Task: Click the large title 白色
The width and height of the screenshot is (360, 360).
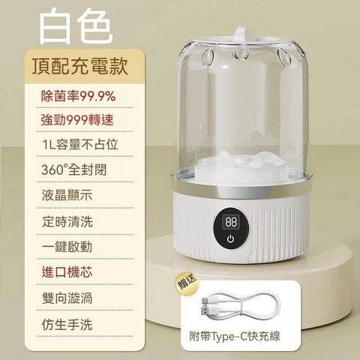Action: (75, 27)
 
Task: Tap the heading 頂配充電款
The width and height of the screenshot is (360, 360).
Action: (80, 66)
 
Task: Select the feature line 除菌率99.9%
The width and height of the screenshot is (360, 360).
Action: (78, 96)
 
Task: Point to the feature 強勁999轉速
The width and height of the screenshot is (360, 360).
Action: (77, 120)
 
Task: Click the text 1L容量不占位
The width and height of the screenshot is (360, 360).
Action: (79, 145)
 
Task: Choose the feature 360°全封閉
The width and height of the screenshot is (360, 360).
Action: (74, 169)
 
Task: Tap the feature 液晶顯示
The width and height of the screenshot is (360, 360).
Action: (67, 196)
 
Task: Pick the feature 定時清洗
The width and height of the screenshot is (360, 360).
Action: (67, 221)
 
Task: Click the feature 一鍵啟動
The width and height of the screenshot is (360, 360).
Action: (67, 247)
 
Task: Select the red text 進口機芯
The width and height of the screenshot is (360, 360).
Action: (67, 272)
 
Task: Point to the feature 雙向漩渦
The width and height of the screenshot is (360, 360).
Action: (67, 298)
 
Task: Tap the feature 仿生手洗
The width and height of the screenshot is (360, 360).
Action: (67, 324)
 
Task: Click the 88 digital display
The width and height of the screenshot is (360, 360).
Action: (230, 222)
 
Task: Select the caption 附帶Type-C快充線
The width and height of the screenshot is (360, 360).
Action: (235, 336)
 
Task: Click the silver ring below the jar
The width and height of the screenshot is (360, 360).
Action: (242, 186)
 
